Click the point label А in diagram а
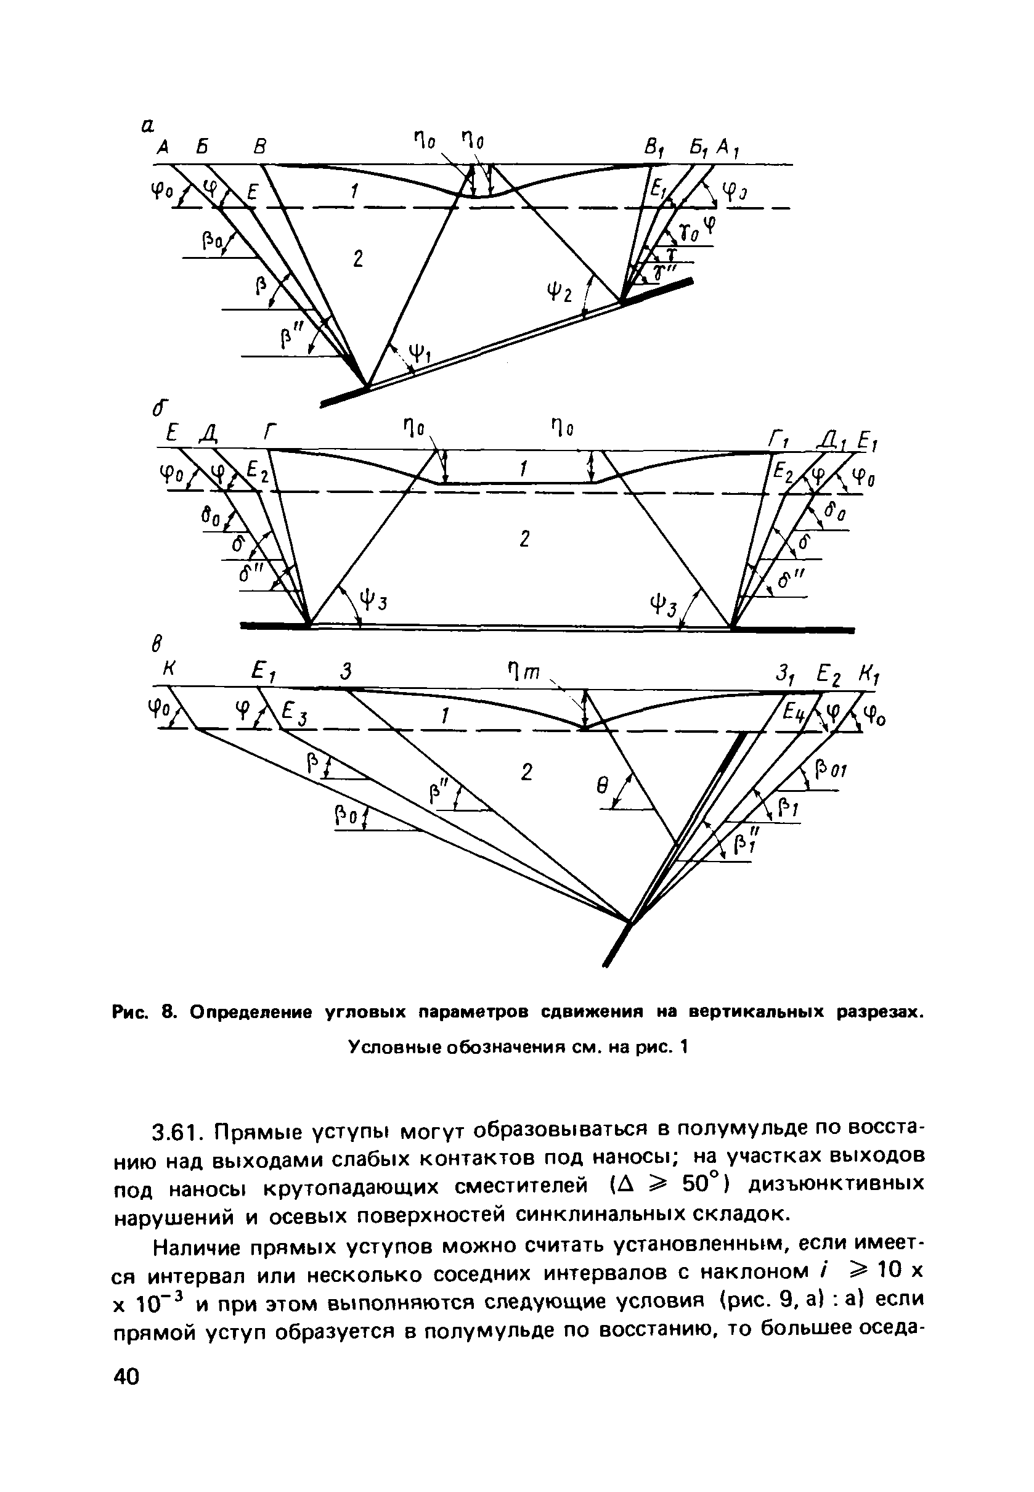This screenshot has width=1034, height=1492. tap(163, 148)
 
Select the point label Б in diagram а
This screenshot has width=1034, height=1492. tap(202, 148)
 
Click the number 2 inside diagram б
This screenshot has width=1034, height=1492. tap(525, 539)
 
